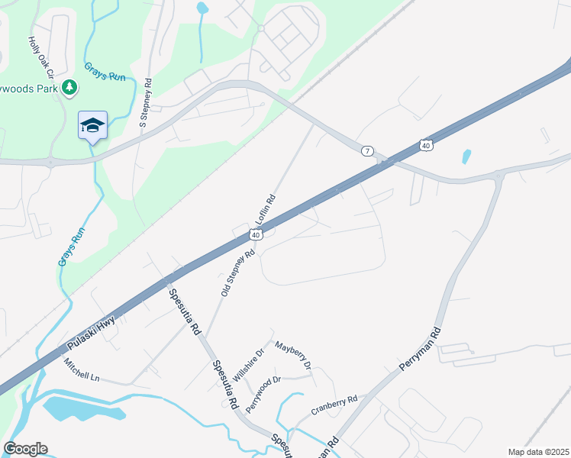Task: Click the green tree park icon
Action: click(69, 88)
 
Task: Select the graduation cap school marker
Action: click(92, 125)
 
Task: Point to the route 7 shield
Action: click(368, 151)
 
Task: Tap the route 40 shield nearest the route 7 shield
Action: click(426, 144)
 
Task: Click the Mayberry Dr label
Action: click(293, 355)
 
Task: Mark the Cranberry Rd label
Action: click(334, 405)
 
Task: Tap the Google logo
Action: click(25, 449)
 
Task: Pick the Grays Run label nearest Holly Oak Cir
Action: click(99, 75)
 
